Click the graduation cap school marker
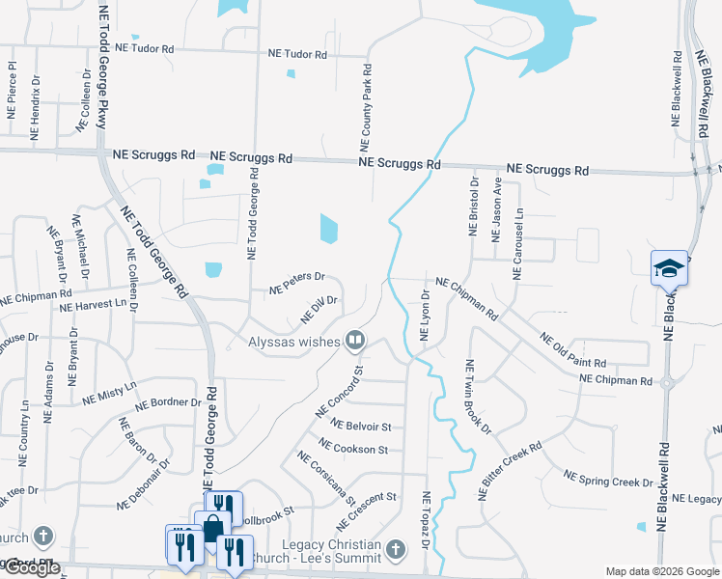669,267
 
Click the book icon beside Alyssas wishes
355,340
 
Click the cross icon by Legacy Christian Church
395,550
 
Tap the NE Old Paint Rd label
573,350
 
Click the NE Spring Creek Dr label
608,479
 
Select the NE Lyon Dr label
425,314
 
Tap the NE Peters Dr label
297,281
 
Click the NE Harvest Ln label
94,307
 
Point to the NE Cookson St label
352,449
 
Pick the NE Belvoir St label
360,426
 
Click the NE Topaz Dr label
426,522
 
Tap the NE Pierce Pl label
13,90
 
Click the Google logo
32,567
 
